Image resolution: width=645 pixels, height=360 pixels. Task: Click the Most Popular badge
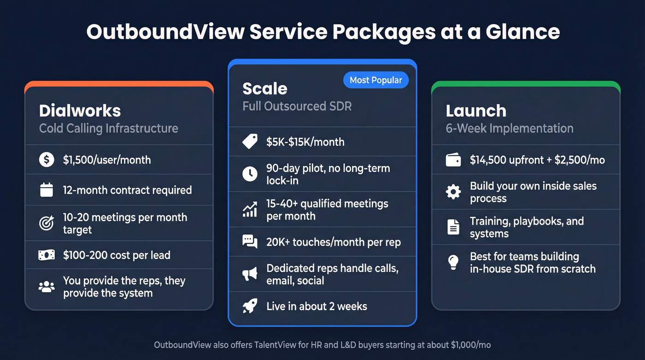coord(375,80)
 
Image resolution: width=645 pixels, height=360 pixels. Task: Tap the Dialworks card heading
coord(80,111)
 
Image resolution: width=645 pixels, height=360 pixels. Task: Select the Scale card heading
coord(264,89)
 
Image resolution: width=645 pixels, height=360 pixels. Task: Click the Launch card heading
coord(475,111)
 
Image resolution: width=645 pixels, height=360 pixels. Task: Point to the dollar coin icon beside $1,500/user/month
coord(47,160)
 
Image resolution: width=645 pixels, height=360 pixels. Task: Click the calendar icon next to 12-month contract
coord(47,190)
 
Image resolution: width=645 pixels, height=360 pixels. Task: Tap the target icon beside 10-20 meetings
coord(47,224)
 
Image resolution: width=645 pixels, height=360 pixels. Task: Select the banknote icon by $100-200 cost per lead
coord(47,255)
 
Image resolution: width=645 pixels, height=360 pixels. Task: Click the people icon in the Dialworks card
coord(47,287)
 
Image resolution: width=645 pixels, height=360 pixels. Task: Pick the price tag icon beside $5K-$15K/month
coord(250,142)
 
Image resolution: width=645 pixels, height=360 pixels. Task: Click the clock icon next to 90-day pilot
coord(250,174)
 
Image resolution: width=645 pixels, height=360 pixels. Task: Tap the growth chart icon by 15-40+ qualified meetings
coord(250,210)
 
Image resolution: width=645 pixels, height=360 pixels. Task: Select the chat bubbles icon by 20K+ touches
coord(250,242)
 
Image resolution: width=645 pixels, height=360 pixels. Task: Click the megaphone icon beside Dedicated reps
coord(250,274)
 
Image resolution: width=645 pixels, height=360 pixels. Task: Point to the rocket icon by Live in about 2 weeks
coord(250,306)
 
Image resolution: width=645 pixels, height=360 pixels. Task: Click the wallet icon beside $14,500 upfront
coord(453,160)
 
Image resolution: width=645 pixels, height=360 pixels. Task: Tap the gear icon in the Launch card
coord(453,192)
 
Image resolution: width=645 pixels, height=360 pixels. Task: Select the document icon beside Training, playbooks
coord(453,227)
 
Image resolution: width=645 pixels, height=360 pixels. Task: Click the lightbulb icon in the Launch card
coord(453,262)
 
